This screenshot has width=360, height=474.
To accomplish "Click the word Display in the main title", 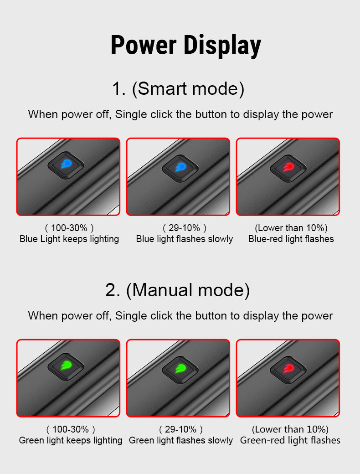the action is [222, 45].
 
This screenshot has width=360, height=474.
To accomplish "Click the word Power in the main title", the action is [144, 45].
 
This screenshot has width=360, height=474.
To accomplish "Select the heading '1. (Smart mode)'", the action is [178, 89].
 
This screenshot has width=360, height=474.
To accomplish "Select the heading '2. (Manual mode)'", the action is [177, 290].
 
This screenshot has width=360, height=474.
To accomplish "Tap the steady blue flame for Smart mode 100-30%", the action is [66, 164].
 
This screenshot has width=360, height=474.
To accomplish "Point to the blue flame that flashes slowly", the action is [180, 167].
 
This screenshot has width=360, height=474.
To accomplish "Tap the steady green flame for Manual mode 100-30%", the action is [66, 366].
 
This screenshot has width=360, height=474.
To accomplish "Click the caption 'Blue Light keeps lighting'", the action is [69, 239].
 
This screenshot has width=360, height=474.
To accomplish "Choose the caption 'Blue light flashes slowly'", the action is [185, 239].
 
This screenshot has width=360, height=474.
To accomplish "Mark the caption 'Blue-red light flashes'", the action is [291, 239].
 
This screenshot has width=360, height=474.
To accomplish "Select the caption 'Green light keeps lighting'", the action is [71, 440].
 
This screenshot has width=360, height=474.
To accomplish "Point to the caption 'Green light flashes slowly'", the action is [181, 440].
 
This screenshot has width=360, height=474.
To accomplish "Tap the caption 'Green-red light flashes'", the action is [290, 440].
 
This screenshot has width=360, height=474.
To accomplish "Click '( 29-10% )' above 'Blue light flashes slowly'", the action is [185, 227].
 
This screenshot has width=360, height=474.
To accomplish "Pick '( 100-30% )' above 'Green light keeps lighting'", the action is [71, 429].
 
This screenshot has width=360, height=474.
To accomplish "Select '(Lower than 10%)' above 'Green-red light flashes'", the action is [290, 429].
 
